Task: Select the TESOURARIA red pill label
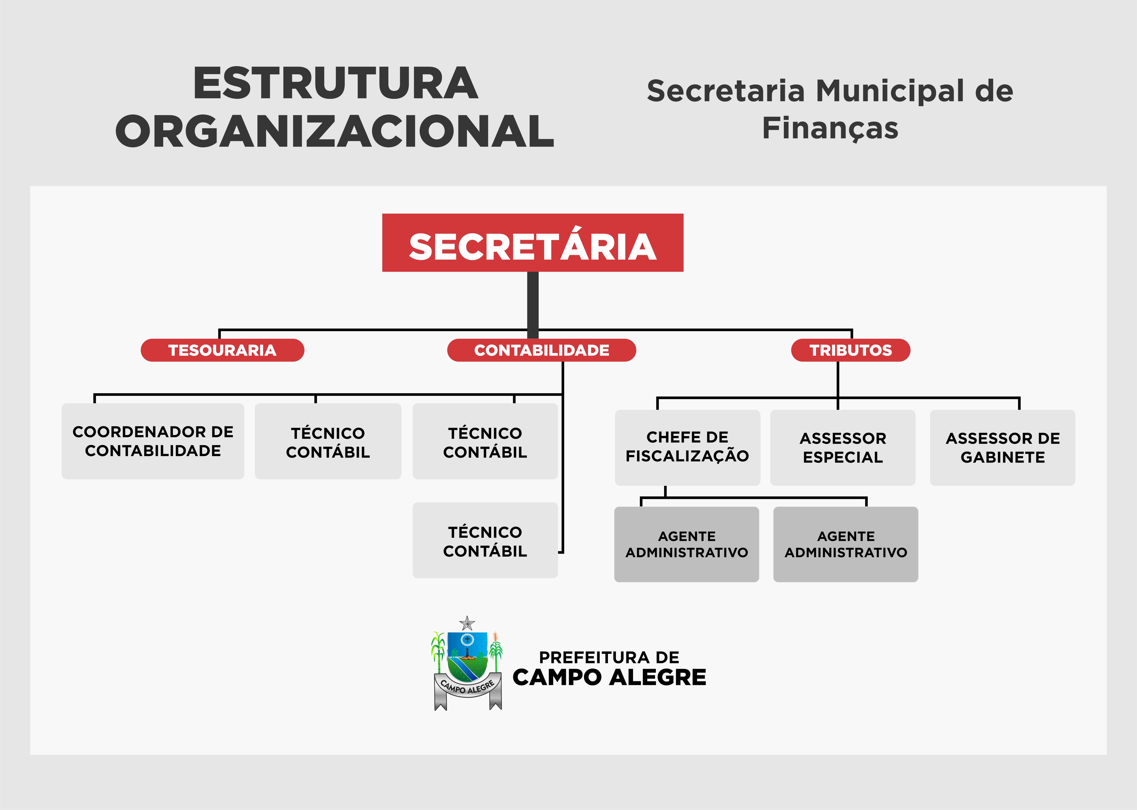(222, 350)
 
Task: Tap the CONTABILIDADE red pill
(541, 350)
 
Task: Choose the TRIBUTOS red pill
(850, 350)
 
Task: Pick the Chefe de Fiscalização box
(687, 447)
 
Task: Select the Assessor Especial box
(843, 447)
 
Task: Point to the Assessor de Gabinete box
(1002, 447)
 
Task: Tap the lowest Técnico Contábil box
(485, 540)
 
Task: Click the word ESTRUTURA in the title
(335, 83)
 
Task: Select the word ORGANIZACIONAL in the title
(334, 131)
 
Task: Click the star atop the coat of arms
(467, 623)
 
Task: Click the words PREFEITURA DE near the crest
(609, 657)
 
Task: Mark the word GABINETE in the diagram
(1002, 457)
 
